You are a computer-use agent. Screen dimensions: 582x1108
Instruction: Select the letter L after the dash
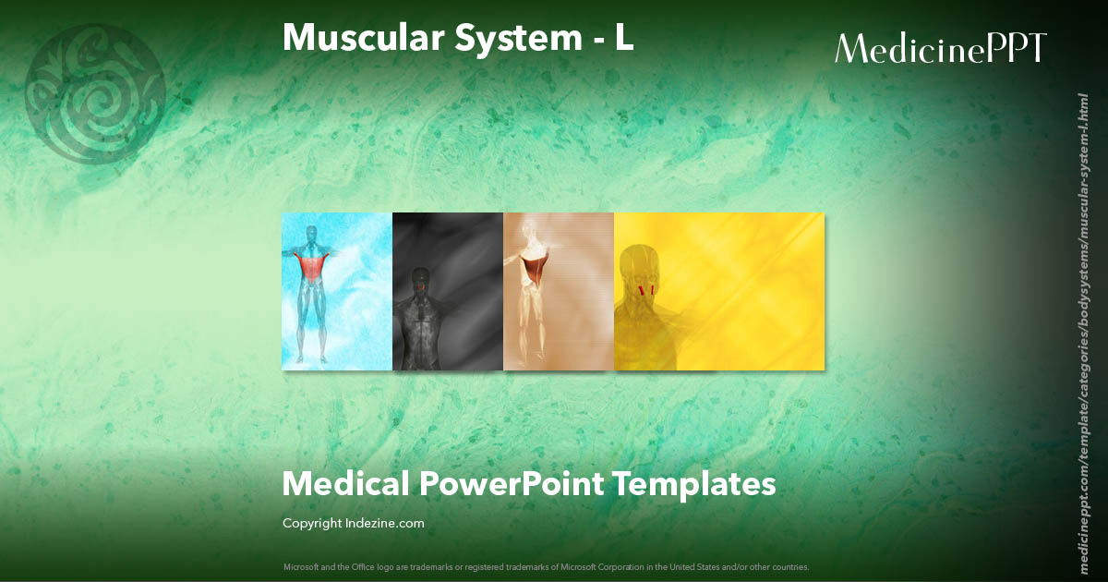(x=624, y=37)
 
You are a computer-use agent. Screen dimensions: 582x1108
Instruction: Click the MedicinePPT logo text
(x=941, y=48)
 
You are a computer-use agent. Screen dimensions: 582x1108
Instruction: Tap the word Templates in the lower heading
(x=696, y=483)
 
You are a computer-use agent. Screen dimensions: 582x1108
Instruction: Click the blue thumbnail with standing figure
(x=337, y=291)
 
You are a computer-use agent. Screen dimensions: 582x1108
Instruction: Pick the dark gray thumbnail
(x=448, y=291)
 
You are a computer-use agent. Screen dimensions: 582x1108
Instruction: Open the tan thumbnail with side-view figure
(x=559, y=291)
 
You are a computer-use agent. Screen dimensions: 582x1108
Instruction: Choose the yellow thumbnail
(x=719, y=291)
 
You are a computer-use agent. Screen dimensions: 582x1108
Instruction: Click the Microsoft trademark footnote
(x=547, y=566)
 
